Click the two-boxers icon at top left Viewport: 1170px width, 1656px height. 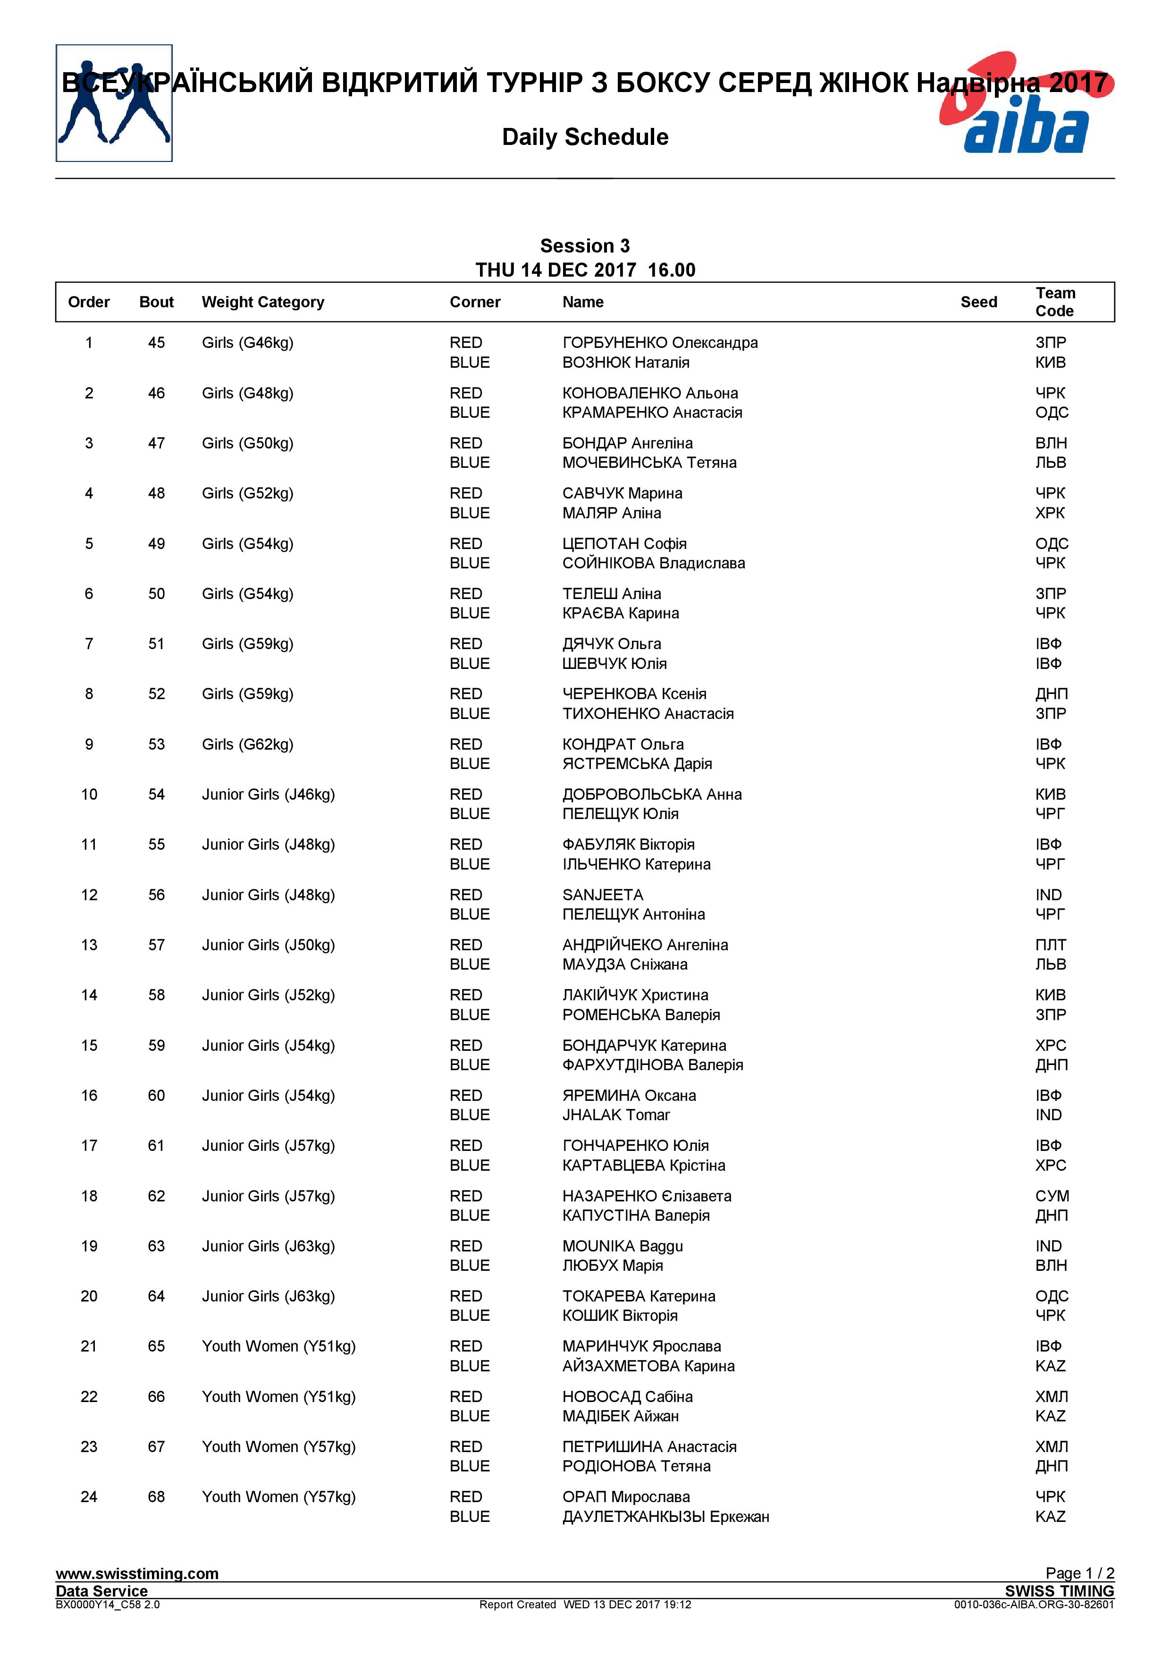(x=114, y=103)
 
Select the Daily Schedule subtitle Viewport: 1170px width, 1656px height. (x=585, y=137)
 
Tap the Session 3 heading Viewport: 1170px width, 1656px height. (x=585, y=246)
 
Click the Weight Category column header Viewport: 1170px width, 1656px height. (x=262, y=302)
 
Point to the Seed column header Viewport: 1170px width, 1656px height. (x=978, y=302)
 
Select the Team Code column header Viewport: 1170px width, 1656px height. (x=1055, y=302)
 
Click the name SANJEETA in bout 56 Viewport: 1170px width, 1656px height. (x=603, y=895)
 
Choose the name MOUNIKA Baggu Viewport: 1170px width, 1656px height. (x=622, y=1246)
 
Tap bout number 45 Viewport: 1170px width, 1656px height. (x=156, y=343)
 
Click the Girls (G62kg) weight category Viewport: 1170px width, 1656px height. (x=247, y=744)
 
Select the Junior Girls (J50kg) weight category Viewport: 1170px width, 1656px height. (x=268, y=945)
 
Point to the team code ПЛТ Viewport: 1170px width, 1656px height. (x=1050, y=945)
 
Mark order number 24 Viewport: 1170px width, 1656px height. (x=89, y=1496)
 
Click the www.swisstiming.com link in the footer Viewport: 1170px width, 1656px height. (x=137, y=1574)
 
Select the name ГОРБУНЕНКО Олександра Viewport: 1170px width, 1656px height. (x=660, y=343)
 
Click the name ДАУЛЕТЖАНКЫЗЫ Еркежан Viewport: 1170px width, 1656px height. (x=665, y=1516)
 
